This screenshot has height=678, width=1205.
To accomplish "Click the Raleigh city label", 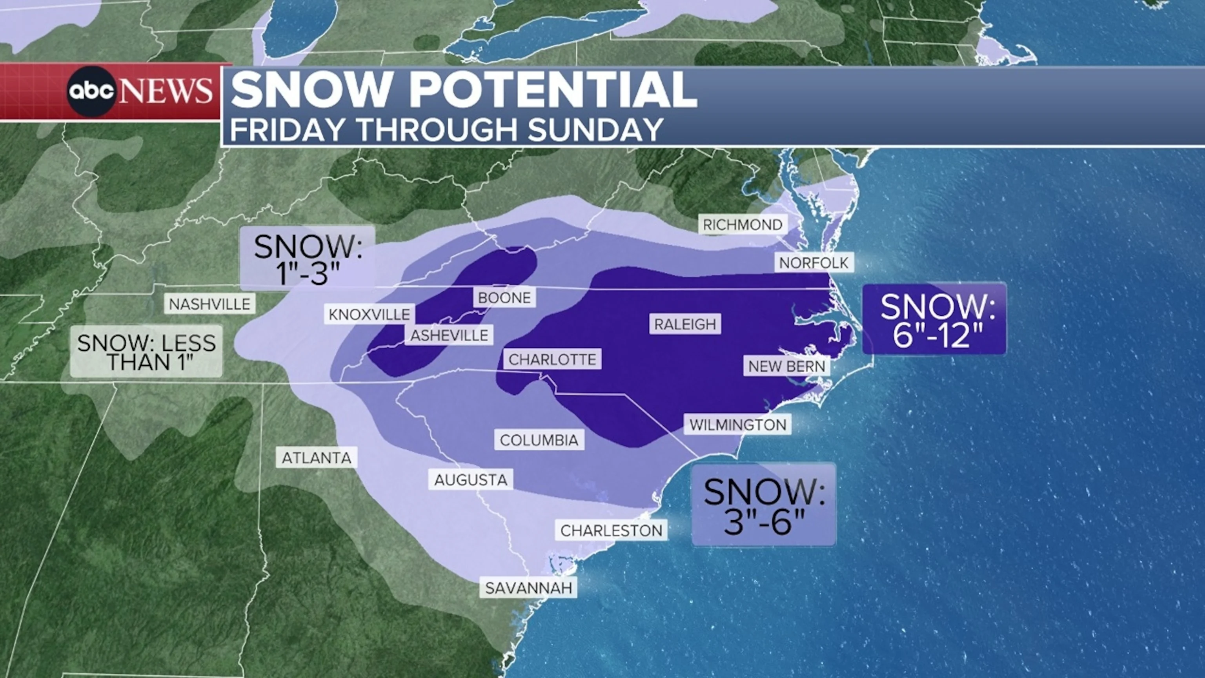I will [x=685, y=324].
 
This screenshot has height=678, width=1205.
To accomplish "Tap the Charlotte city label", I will [x=552, y=359].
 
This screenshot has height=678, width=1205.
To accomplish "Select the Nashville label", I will [x=209, y=304].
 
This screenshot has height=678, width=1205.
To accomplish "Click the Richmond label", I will [x=743, y=224].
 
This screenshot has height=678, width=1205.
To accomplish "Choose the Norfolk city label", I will [x=814, y=263].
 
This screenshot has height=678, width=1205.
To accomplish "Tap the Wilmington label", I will [x=738, y=425].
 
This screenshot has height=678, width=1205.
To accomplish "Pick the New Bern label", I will [x=787, y=366].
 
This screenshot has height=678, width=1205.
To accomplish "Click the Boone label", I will [x=504, y=297].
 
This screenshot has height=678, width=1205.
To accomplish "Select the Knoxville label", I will [x=369, y=314].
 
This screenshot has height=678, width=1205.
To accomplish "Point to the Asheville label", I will [x=449, y=335].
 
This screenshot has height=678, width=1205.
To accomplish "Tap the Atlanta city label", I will [x=316, y=457].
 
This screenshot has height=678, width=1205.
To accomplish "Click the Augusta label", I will [x=471, y=479].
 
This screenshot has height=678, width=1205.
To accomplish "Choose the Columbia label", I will [x=539, y=440].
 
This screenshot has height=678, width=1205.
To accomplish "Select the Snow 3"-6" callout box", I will [x=763, y=505].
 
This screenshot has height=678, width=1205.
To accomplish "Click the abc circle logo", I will [x=91, y=91].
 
